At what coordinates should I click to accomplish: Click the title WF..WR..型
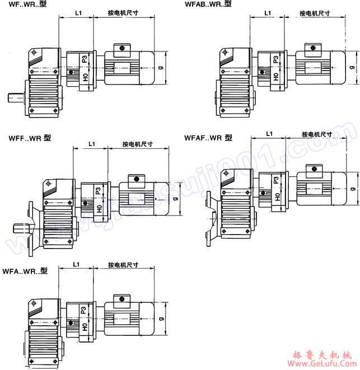(26, 5)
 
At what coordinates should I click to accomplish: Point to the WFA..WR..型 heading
(25, 271)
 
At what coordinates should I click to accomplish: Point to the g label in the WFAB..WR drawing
(352, 67)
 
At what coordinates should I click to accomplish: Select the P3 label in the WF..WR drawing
(84, 59)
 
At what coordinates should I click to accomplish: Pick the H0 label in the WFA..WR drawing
(85, 326)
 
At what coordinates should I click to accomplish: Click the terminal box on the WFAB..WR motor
(312, 49)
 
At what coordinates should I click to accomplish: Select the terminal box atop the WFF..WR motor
(135, 180)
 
